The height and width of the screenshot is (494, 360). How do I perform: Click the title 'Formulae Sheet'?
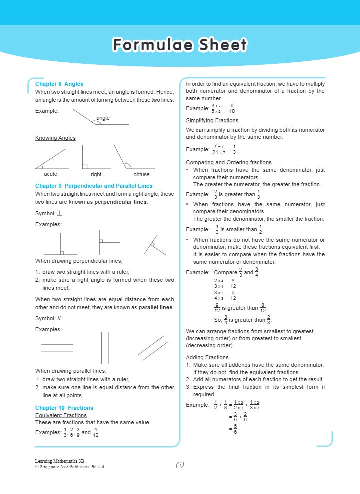[180, 45]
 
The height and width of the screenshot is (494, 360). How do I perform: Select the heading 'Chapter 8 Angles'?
[59, 84]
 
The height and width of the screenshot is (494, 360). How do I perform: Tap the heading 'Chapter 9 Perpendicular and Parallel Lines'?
[94, 186]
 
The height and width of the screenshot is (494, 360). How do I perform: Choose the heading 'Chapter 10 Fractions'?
[64, 408]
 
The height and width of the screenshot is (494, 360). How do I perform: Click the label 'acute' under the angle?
[50, 174]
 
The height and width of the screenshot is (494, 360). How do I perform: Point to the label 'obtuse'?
[141, 174]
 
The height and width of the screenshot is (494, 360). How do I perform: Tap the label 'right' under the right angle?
[96, 174]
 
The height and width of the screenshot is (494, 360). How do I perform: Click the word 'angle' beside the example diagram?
[103, 118]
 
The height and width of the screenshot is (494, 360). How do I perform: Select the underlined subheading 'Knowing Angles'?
[55, 138]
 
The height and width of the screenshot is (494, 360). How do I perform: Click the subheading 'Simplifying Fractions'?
[212, 121]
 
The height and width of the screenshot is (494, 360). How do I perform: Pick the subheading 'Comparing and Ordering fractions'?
[229, 162]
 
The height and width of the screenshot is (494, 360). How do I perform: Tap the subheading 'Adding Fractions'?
[207, 357]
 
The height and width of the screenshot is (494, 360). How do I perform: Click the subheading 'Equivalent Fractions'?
[61, 415]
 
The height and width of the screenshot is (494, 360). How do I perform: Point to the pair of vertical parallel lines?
[105, 348]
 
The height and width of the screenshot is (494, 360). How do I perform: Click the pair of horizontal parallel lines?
[57, 348]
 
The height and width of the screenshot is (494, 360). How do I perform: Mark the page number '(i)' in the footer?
[180, 465]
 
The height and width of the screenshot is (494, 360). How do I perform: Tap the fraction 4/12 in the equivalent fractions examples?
[96, 432]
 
